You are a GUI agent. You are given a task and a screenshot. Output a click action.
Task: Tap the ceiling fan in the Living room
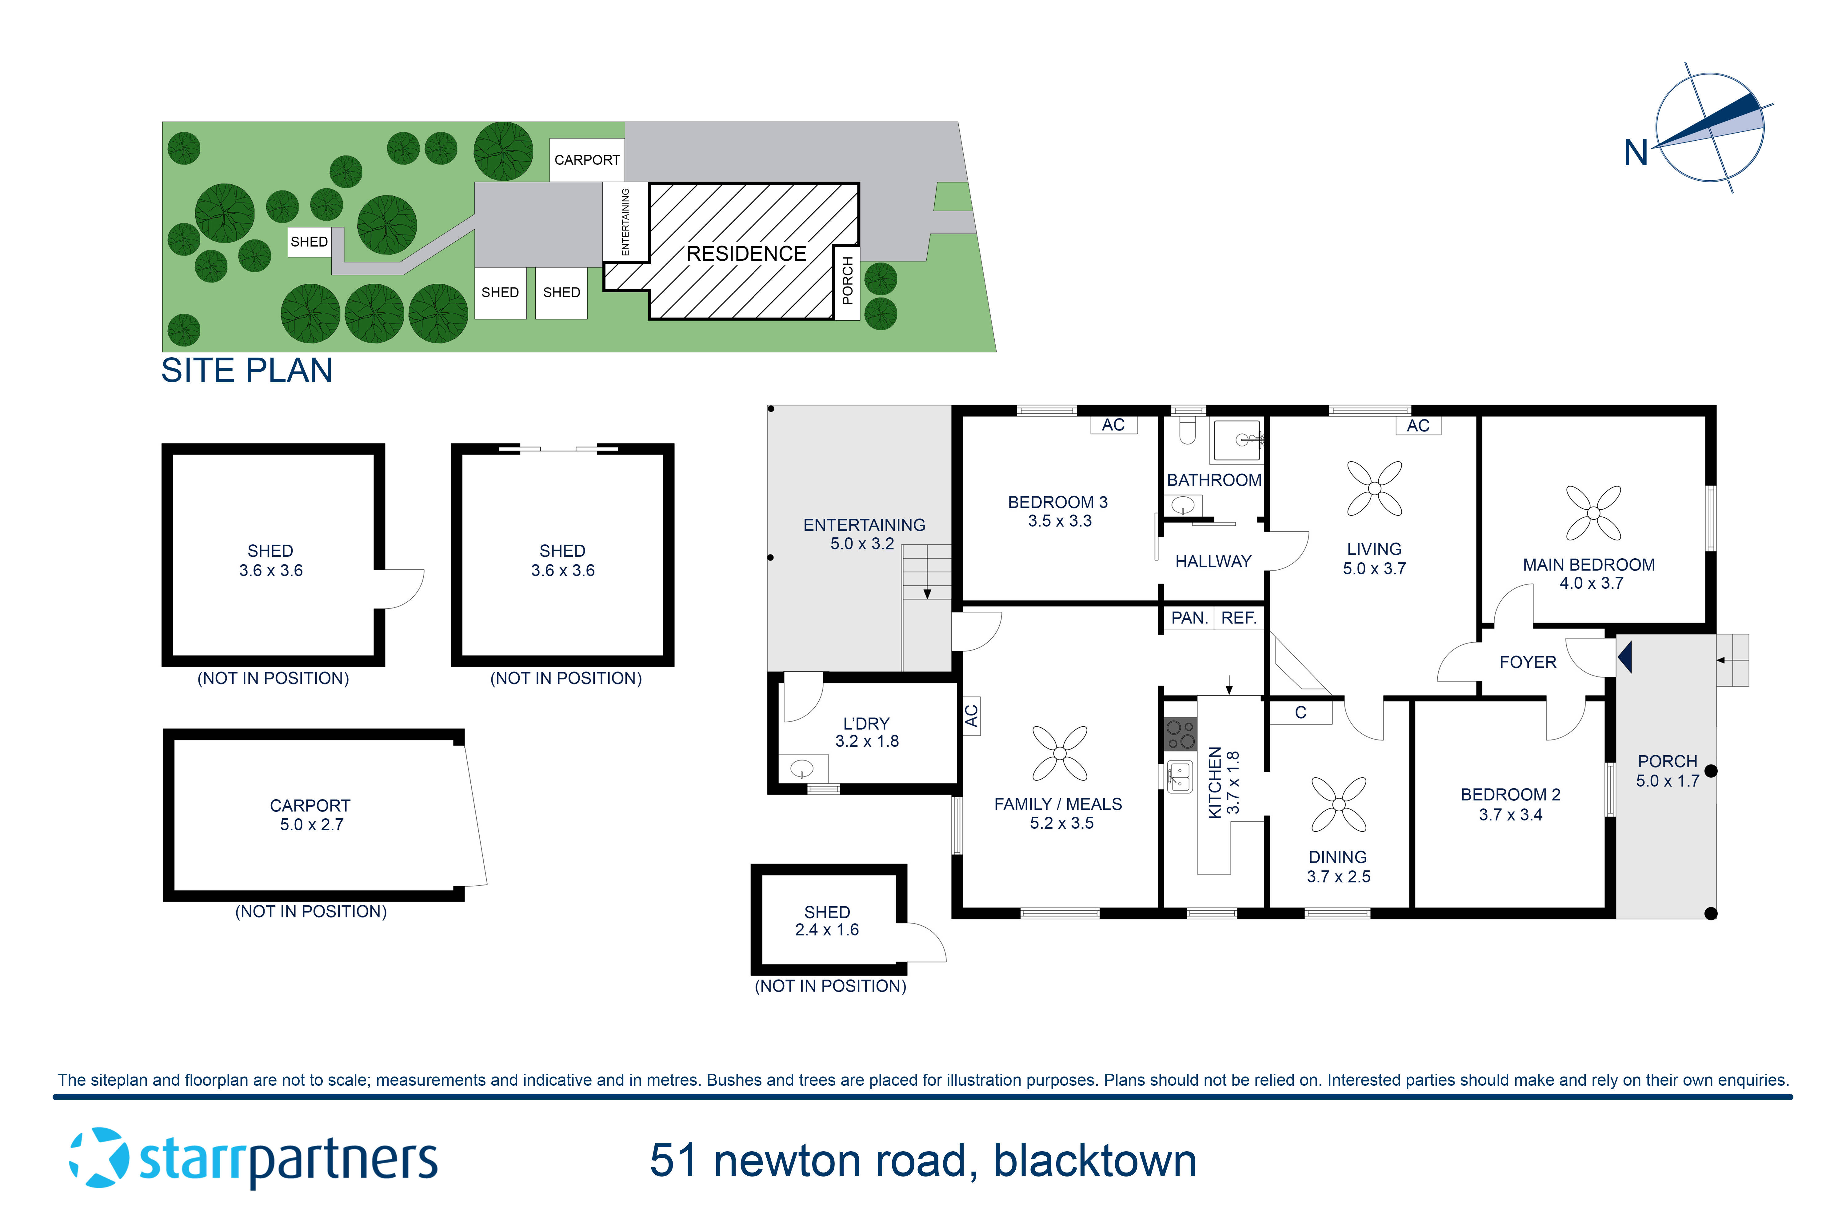(x=1374, y=488)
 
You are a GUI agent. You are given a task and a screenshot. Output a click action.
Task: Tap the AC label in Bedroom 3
(x=1113, y=425)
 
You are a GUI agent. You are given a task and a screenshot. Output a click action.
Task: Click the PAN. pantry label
(x=1188, y=618)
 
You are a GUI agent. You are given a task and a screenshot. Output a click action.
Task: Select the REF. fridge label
(x=1239, y=618)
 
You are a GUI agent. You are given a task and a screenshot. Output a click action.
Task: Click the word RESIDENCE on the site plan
(x=745, y=254)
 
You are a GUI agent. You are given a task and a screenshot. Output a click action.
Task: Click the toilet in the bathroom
(x=1188, y=430)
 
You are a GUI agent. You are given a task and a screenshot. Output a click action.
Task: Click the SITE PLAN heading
(x=246, y=371)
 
